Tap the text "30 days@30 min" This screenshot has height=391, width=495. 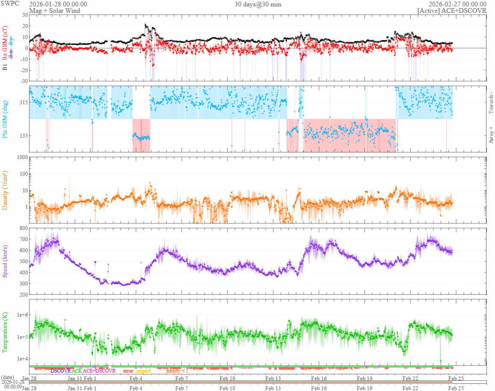click(x=258, y=4)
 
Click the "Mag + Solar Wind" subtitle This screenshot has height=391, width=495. click(x=52, y=11)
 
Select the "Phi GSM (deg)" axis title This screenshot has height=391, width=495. click(x=5, y=119)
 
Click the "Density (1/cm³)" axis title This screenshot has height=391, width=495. click(x=5, y=190)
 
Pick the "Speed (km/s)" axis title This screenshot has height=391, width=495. click(x=5, y=261)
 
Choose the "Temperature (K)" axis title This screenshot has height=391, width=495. click(x=5, y=332)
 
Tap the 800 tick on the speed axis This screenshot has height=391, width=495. click(x=23, y=228)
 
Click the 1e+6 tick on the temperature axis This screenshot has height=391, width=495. click(x=21, y=315)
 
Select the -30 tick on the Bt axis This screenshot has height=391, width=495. click(x=23, y=81)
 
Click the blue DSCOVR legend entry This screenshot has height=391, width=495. click(x=61, y=371)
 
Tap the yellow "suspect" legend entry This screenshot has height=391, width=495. click(x=143, y=371)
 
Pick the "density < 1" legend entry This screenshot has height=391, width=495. click(x=177, y=371)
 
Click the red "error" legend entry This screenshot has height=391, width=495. click(x=128, y=371)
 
